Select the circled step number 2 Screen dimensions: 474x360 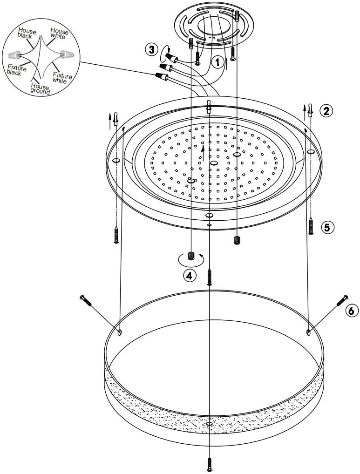point(326,110)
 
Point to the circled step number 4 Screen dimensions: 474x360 point(189,276)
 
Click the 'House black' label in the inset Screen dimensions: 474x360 point(27,34)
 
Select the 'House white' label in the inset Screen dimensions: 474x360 point(60,34)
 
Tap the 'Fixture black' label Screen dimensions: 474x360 point(17,70)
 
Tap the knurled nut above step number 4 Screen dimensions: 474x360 point(190,256)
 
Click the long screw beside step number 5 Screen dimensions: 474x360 point(311,226)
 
